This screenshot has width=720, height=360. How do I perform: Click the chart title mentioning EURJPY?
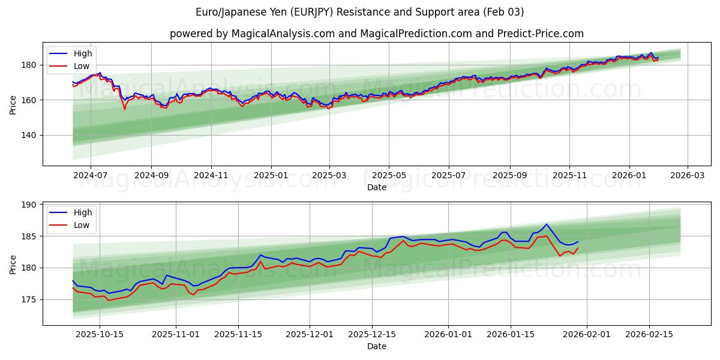click(x=359, y=12)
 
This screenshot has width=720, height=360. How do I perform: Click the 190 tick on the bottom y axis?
click(x=29, y=205)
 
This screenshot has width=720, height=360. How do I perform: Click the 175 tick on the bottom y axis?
click(x=29, y=299)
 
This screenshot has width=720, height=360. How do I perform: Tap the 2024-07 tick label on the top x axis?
click(x=91, y=176)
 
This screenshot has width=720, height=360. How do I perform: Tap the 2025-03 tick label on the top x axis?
click(x=329, y=176)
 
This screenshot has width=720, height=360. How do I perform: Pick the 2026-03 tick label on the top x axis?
click(x=688, y=176)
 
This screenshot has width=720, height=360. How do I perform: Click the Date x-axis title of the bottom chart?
click(x=376, y=347)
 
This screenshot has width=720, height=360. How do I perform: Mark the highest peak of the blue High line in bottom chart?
click(x=546, y=224)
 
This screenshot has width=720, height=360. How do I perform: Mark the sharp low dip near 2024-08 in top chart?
click(x=125, y=109)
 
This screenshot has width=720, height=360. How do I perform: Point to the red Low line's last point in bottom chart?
click(x=578, y=248)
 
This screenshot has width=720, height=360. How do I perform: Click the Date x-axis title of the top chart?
click(x=376, y=187)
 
